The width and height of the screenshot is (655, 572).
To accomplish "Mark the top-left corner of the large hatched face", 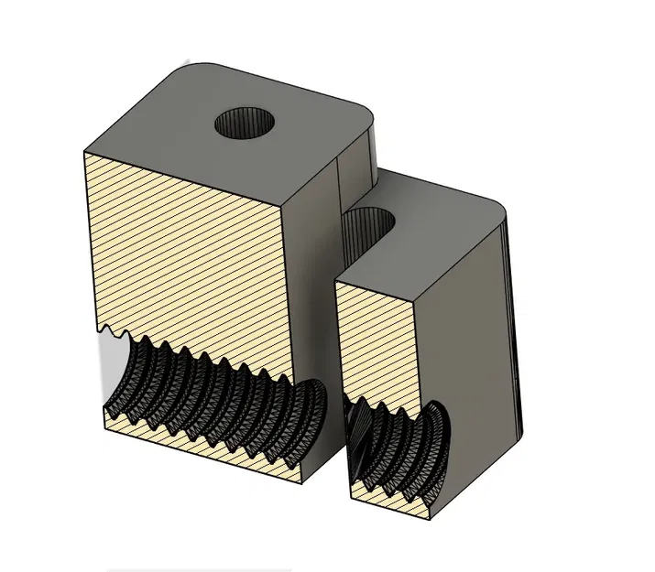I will [x=84, y=151].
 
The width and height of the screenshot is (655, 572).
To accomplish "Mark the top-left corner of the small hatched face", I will [x=337, y=282].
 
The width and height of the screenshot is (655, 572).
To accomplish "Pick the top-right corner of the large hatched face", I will [x=282, y=209].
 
